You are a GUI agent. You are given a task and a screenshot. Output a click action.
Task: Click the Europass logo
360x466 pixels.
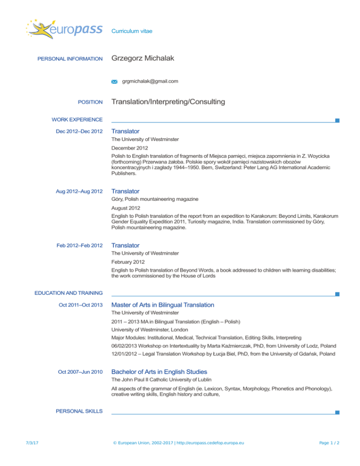(x=65, y=31)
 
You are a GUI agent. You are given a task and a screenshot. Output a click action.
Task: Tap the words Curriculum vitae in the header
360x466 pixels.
(x=132, y=31)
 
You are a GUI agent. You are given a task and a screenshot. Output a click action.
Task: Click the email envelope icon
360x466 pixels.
(x=114, y=82)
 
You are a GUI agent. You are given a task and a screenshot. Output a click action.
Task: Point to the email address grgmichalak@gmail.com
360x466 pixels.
(x=150, y=82)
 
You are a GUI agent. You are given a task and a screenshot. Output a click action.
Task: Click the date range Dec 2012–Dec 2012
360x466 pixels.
(x=79, y=131)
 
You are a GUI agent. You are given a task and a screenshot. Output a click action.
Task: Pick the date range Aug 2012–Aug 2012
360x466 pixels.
(x=79, y=191)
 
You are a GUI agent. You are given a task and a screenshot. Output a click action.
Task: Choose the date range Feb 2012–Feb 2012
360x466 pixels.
(x=79, y=245)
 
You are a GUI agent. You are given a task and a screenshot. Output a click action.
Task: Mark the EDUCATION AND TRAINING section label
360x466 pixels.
(x=68, y=293)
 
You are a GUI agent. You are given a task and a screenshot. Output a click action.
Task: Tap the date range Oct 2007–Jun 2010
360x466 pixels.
(x=80, y=372)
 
